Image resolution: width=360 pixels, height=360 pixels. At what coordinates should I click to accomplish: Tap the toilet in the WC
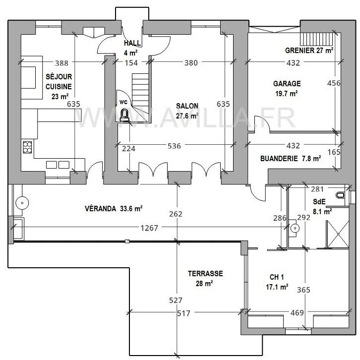pyautogui.click(x=124, y=116)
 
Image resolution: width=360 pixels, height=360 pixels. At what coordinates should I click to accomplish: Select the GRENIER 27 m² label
pyautogui.click(x=309, y=51)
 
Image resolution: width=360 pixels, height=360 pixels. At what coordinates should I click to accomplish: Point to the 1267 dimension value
pyautogui.click(x=149, y=229)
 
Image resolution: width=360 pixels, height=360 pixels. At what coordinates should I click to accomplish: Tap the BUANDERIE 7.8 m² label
pyautogui.click(x=291, y=159)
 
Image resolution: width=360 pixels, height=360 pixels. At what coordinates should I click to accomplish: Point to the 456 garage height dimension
pyautogui.click(x=334, y=83)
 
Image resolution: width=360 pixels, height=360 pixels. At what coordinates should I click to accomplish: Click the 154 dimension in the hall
pyautogui.click(x=130, y=63)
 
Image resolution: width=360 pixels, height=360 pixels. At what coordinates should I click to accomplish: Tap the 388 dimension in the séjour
pyautogui.click(x=61, y=63)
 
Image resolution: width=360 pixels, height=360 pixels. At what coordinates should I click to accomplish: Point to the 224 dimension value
pyautogui.click(x=129, y=146)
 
